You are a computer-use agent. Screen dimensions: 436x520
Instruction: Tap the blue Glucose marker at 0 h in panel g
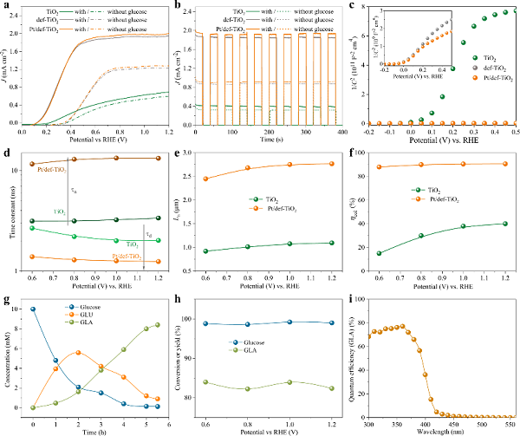click(x=32, y=309)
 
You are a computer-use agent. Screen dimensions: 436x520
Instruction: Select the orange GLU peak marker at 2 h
click(x=78, y=353)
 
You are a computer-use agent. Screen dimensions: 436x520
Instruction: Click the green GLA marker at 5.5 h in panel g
click(x=157, y=325)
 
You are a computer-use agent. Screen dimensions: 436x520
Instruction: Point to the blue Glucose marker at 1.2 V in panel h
click(x=330, y=322)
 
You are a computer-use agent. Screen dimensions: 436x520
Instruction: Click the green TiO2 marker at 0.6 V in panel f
click(x=379, y=253)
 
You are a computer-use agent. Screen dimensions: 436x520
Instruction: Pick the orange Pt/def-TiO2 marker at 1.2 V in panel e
click(x=330, y=164)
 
